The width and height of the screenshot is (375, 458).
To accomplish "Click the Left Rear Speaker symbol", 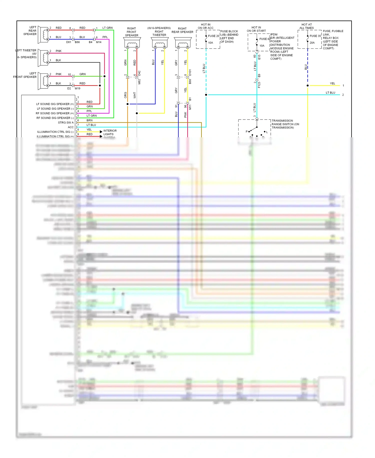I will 43,35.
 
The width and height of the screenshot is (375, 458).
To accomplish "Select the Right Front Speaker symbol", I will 132,43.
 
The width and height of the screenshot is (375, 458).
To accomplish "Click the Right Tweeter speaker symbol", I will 160,43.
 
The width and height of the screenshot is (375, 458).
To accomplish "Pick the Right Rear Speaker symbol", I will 183,43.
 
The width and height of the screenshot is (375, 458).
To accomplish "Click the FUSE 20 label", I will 213,36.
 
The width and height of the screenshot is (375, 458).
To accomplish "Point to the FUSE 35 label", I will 315,36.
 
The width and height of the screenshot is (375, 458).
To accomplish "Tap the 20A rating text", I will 312,43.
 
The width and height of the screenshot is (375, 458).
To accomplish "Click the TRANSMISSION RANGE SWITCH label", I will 285,124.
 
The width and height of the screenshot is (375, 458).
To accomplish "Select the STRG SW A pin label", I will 66,123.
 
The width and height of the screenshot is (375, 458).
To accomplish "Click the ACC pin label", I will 71,127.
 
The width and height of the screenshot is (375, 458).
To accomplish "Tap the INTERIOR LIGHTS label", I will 110,133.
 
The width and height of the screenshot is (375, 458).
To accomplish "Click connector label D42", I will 139,73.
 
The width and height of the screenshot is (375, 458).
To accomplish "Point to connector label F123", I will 259,85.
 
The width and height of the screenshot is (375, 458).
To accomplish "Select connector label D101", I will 190,72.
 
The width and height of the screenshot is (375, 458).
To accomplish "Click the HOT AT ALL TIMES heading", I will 306,26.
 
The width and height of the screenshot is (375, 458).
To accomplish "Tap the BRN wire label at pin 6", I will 89,120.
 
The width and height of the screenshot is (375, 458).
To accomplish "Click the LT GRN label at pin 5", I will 91,116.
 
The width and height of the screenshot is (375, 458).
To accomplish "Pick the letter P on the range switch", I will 246,132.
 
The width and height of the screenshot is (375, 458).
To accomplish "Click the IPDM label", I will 274,35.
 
